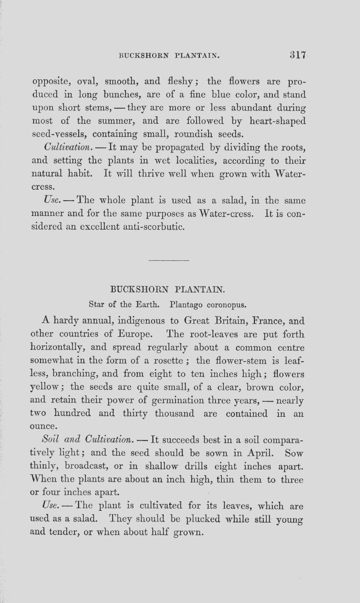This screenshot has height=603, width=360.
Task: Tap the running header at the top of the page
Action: click(x=169, y=56)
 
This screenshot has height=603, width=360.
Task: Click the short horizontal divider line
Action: click(x=168, y=260)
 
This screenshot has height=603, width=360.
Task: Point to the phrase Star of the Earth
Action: click(x=124, y=305)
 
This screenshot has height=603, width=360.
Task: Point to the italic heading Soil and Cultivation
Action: click(x=87, y=440)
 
